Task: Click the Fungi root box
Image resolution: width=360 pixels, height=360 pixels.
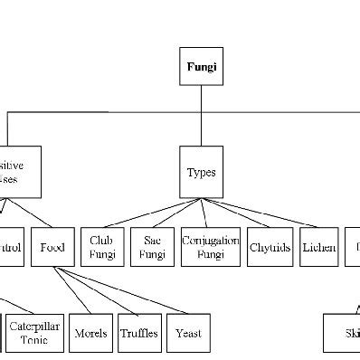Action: pos(201,67)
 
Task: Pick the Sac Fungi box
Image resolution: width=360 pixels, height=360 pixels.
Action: pos(152,246)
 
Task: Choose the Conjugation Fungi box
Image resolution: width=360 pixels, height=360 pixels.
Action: pos(210,246)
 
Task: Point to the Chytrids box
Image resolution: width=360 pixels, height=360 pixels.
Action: pos(270,246)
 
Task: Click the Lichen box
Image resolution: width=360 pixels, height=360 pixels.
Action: pos(319,246)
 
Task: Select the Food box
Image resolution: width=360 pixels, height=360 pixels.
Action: pos(52,246)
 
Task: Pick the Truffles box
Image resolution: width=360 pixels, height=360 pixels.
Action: pos(138,333)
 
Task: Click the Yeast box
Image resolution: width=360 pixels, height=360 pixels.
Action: pos(188,333)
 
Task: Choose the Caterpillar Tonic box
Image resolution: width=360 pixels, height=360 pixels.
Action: pos(35,333)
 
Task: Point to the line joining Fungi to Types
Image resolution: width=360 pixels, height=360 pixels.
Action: pos(201,127)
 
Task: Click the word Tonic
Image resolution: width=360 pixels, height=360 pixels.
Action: pos(35,340)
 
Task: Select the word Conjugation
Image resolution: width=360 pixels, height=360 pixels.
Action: pos(210,240)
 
